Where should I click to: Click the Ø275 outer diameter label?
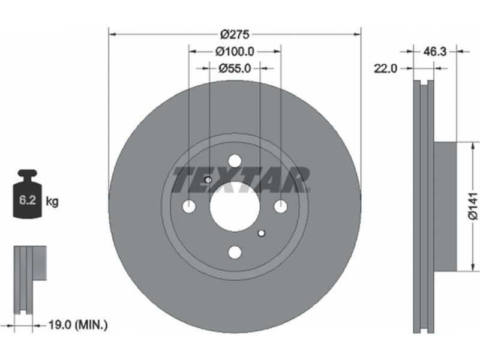(x=235, y=34)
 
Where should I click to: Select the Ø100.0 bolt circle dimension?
(x=235, y=52)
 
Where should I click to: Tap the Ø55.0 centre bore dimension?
(x=235, y=68)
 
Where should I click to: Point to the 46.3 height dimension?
(x=434, y=52)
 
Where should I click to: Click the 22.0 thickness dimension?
(x=385, y=68)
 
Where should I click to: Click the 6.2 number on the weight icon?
(x=28, y=200)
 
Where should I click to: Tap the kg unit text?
(x=52, y=202)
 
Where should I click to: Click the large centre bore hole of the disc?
(x=235, y=206)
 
